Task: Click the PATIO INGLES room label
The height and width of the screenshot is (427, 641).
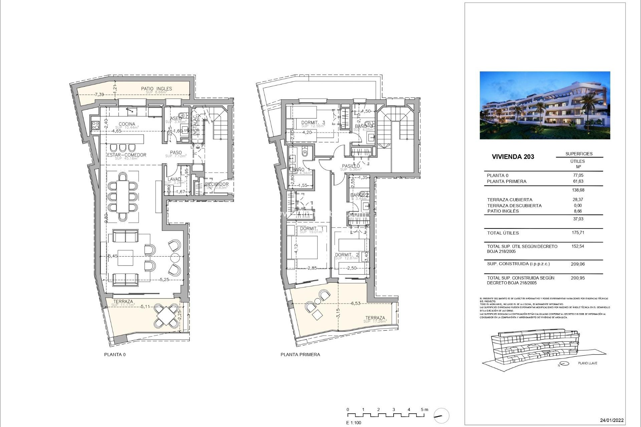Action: point(156,89)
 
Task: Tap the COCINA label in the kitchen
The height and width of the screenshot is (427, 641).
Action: point(127,124)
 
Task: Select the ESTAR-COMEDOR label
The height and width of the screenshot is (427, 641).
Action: point(127,155)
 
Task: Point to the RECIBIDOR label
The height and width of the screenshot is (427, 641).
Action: point(217,184)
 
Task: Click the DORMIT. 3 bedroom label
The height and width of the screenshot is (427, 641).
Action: point(313,123)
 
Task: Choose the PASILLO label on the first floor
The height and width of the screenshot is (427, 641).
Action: point(351,166)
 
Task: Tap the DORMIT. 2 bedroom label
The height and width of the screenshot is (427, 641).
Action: point(347,255)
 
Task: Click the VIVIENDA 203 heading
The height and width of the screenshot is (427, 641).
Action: point(513,157)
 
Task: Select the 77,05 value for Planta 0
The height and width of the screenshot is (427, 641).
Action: point(578,175)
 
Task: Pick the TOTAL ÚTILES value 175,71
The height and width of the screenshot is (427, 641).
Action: point(578,233)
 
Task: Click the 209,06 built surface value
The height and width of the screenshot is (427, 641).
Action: point(578,264)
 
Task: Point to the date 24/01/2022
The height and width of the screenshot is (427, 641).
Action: point(612,420)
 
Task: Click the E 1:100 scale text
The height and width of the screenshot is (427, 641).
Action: point(354,423)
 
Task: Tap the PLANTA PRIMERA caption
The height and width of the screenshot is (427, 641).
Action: point(300,355)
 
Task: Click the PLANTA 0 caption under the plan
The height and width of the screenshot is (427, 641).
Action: point(115,355)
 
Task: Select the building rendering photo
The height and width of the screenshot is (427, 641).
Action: point(545,105)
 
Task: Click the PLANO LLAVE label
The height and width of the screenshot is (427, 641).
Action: point(587,363)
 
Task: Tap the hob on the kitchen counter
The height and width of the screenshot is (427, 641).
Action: point(95,125)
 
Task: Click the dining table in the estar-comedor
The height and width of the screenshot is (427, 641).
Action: point(123,196)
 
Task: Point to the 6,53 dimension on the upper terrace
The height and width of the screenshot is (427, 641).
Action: point(356,304)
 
